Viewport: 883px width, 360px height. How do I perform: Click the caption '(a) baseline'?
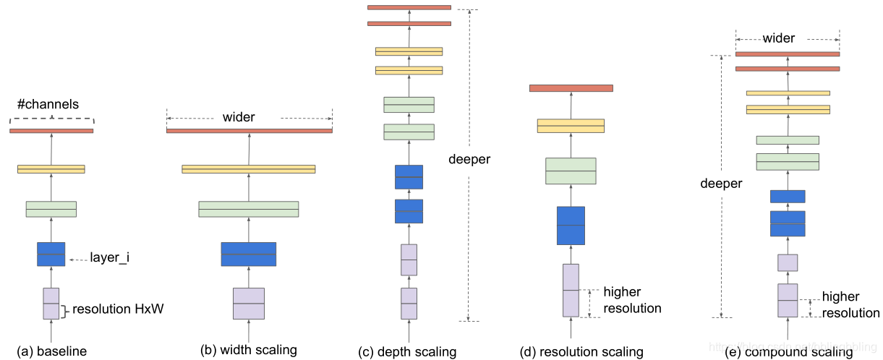pyautogui.click(x=51, y=351)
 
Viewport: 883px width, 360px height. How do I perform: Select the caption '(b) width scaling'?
pyautogui.click(x=249, y=351)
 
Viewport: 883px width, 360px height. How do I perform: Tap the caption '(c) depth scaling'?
pyautogui.click(x=408, y=352)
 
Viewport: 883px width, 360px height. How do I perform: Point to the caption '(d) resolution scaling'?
pyautogui.click(x=581, y=352)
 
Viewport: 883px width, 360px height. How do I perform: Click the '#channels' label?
pyautogui.click(x=47, y=103)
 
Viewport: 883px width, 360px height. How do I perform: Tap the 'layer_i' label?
pyautogui.click(x=109, y=257)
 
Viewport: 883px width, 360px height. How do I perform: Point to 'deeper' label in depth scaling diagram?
pyautogui.click(x=469, y=159)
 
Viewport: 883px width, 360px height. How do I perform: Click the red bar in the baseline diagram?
pyautogui.click(x=51, y=131)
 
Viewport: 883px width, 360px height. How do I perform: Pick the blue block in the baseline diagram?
pyautogui.click(x=51, y=254)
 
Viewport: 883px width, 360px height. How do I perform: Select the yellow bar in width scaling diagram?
pyautogui.click(x=249, y=169)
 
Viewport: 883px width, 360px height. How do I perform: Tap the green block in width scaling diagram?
pyautogui.click(x=249, y=209)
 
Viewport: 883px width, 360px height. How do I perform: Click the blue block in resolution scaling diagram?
pyautogui.click(x=571, y=226)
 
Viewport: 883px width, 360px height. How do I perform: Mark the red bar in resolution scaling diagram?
pyautogui.click(x=571, y=88)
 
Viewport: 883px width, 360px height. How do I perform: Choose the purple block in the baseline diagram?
pyautogui.click(x=51, y=304)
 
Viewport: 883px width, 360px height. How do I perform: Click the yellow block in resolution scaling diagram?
pyautogui.click(x=571, y=126)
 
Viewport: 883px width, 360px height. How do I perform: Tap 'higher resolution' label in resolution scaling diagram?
pyautogui.click(x=632, y=300)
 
